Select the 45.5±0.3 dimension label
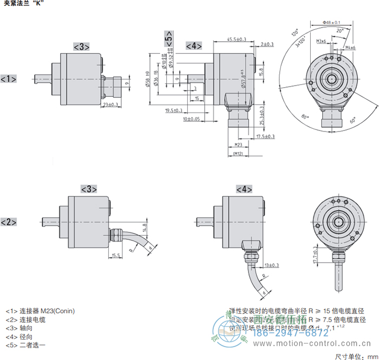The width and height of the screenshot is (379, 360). point(236,40)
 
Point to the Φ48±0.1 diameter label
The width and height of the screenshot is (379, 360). point(331,22)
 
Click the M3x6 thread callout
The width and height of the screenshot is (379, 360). point(321,41)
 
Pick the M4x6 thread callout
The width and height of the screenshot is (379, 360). point(350,48)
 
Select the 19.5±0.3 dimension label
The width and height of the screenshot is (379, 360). point(173,110)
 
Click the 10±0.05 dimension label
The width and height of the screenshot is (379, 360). point(191,119)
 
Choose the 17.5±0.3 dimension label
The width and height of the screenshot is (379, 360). point(265,136)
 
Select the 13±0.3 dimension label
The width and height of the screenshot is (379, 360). point(272,265)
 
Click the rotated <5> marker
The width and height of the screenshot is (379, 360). point(169,40)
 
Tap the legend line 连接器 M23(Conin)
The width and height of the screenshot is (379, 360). point(40,311)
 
